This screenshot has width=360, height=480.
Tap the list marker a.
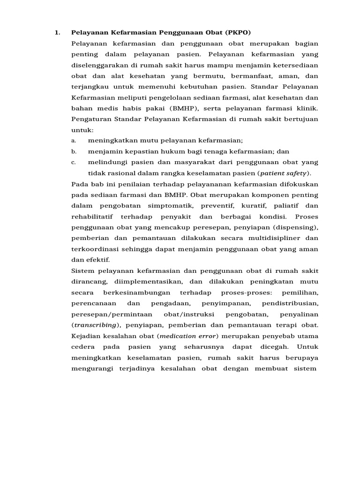[x=74, y=141]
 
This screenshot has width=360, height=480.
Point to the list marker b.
[x=74, y=151]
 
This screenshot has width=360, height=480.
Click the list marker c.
[x=74, y=162]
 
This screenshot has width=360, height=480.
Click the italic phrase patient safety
[x=284, y=173]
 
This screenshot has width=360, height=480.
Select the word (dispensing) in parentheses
[x=294, y=227]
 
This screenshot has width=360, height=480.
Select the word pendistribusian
[x=290, y=303]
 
